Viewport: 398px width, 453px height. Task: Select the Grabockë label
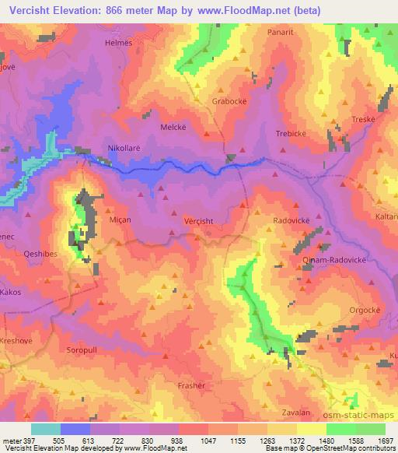pos(229,101)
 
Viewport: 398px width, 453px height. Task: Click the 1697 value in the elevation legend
pos(383,439)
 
